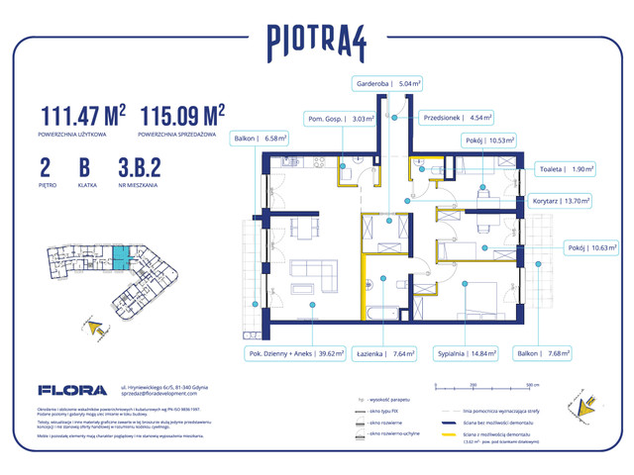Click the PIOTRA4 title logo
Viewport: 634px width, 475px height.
click(x=316, y=41)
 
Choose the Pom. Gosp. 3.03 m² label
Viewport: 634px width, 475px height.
click(x=340, y=120)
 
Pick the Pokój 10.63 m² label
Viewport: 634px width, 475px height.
click(x=591, y=248)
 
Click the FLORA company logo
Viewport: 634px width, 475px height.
click(x=66, y=389)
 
